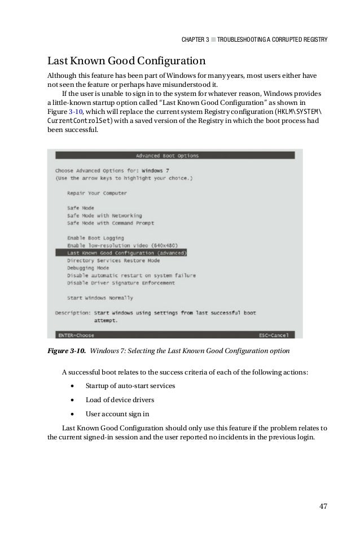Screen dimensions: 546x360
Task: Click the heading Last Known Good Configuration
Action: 126,60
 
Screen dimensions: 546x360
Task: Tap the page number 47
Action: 323,505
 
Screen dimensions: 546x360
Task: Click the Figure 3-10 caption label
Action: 66,351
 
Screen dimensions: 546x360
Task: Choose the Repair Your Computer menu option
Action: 96,193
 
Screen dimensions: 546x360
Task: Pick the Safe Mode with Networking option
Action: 104,215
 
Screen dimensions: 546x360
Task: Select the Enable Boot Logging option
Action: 95,238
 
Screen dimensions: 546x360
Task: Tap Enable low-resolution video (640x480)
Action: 122,245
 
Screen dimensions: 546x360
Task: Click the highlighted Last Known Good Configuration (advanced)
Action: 127,253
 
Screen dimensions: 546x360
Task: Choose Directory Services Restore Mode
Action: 113,261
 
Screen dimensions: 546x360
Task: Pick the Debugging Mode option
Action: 88,268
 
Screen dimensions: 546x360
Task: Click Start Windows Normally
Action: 100,297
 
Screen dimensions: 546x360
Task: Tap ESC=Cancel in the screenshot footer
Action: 274,334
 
